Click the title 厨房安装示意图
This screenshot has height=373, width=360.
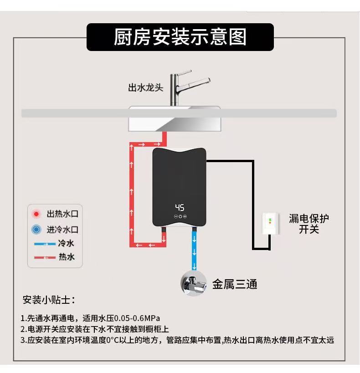click(180, 37)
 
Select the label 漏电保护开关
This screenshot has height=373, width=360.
click(309, 224)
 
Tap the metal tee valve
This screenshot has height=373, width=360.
click(195, 283)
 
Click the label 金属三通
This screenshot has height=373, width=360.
click(235, 285)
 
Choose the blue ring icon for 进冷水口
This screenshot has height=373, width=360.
click(37, 230)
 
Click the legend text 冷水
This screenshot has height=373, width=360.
click(66, 243)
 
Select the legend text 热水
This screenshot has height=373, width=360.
click(66, 257)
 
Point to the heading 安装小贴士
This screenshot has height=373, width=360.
click(49, 300)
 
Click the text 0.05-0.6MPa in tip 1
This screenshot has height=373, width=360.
click(137, 318)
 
